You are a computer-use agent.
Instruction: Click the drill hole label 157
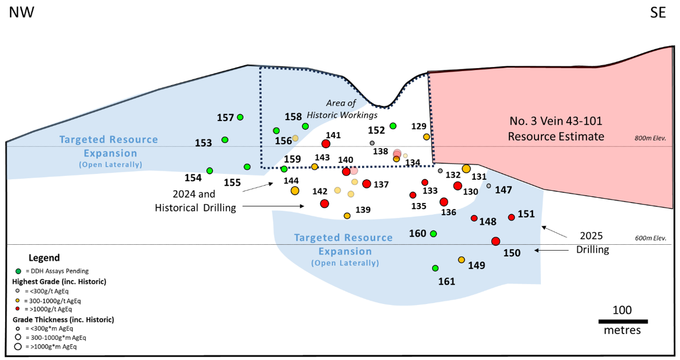[x=226, y=117]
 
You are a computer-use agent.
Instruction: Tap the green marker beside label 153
[x=225, y=140]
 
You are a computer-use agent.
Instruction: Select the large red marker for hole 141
[x=326, y=144]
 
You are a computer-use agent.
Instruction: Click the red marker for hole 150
[x=495, y=241]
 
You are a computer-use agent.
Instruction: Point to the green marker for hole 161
[x=435, y=269]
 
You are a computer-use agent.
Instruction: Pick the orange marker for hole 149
[x=461, y=260]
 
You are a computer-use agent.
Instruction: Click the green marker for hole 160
[x=433, y=234]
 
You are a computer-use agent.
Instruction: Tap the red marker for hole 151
[x=511, y=217]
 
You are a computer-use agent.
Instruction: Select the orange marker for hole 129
[x=426, y=137]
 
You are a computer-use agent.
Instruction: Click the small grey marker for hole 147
[x=489, y=186]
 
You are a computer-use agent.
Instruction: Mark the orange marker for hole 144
[x=295, y=191]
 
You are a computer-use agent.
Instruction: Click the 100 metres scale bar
[x=623, y=321]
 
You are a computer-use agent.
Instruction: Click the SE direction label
[x=658, y=13]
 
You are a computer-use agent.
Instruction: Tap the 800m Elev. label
[x=650, y=139]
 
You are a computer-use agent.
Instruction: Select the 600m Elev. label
[x=650, y=238]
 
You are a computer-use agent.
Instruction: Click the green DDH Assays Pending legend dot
[x=19, y=271]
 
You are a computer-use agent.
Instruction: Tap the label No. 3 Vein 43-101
[x=556, y=121]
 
